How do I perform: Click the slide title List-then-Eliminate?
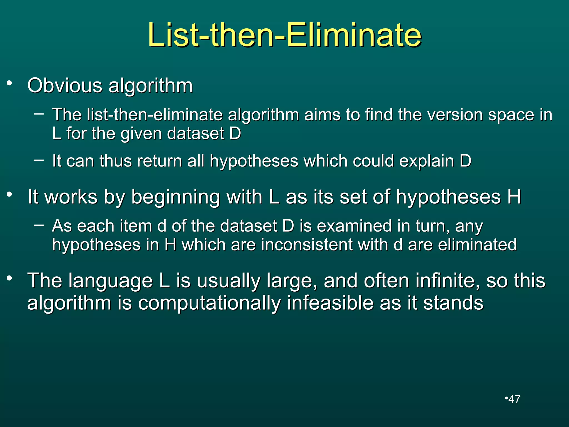284,35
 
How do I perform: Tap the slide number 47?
514,399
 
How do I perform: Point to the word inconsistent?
306,245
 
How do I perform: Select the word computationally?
209,303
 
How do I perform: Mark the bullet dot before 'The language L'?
10,278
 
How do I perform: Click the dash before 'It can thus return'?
39,160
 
